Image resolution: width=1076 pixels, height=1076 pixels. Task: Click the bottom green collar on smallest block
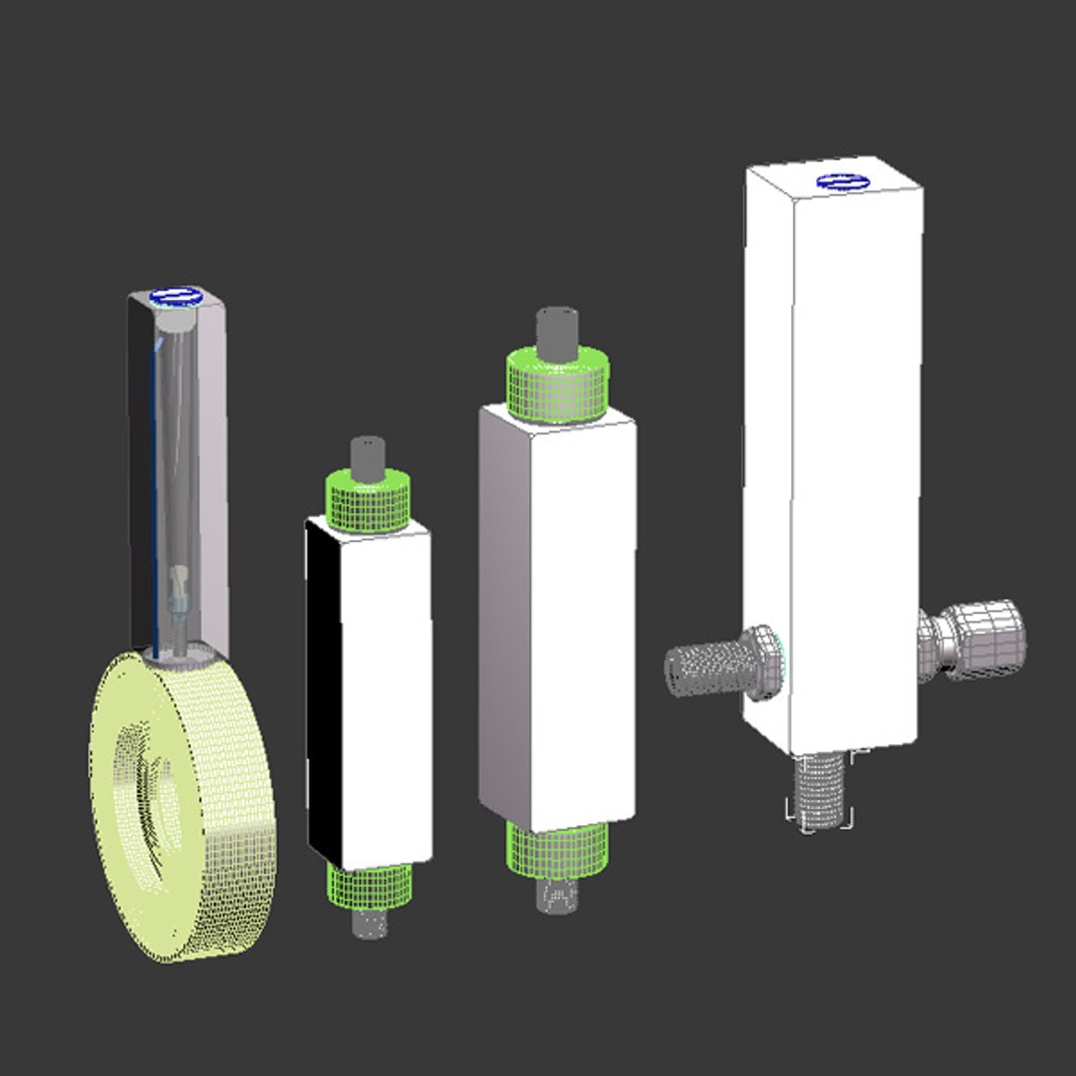pos(370,886)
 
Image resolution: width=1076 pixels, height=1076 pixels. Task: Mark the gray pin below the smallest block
pos(370,924)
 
